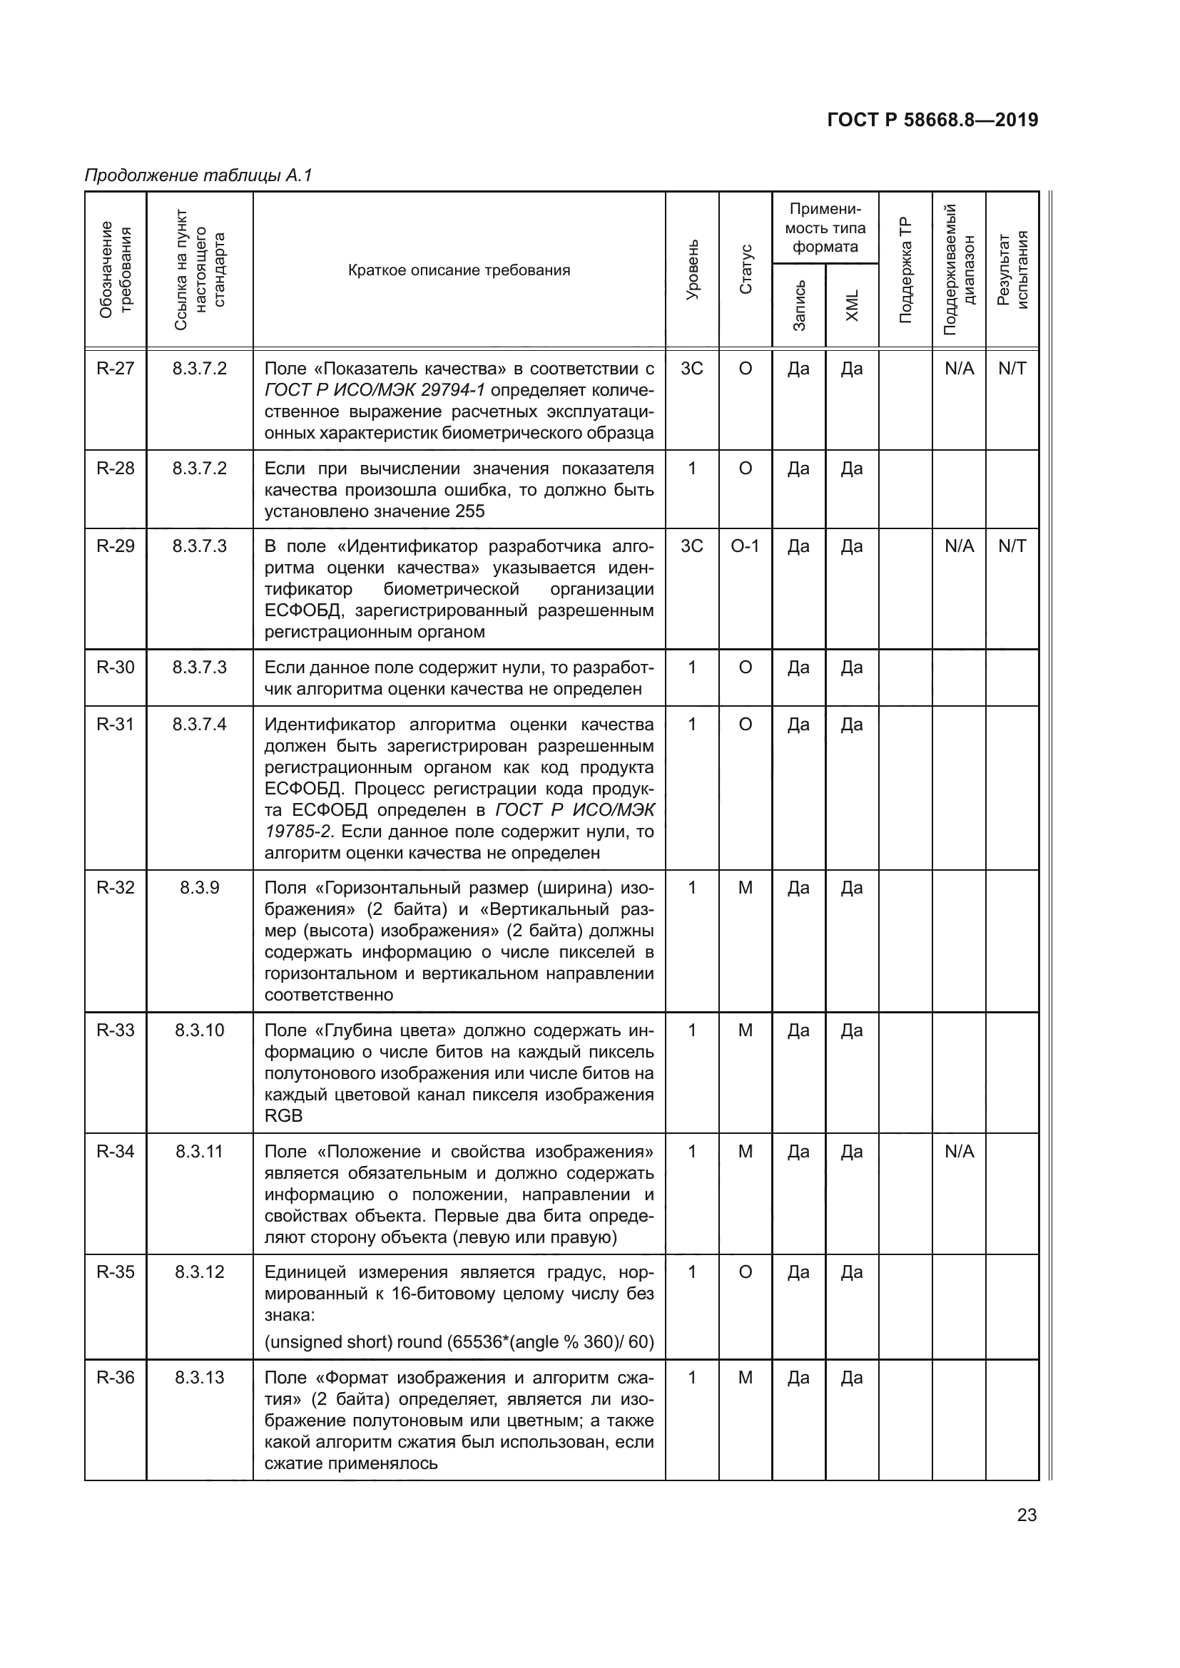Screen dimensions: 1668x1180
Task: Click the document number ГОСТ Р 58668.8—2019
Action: (x=932, y=120)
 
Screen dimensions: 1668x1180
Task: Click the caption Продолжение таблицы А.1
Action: (x=198, y=175)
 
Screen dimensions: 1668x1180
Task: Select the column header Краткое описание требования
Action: (x=459, y=270)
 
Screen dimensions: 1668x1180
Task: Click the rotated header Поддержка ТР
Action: (x=905, y=270)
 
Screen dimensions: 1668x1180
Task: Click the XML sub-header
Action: (x=853, y=305)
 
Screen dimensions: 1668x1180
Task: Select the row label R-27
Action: (x=116, y=368)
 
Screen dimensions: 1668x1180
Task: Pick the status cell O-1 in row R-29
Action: (x=745, y=546)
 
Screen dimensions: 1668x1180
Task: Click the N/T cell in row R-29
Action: (x=1012, y=546)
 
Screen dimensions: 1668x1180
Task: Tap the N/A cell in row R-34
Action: (x=959, y=1151)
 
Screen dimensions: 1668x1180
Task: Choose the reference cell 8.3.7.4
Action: (x=199, y=725)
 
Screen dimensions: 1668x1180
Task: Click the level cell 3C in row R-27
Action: (x=692, y=368)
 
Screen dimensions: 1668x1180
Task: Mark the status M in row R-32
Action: (x=745, y=887)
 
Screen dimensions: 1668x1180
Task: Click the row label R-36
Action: (x=116, y=1378)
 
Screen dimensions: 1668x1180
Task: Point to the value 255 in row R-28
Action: (x=470, y=511)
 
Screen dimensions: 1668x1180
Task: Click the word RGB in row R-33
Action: (x=283, y=1115)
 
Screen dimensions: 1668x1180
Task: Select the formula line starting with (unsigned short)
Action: (x=459, y=1342)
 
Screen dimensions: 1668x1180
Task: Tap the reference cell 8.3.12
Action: (x=199, y=1272)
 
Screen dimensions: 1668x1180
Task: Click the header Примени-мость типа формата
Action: (x=825, y=228)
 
